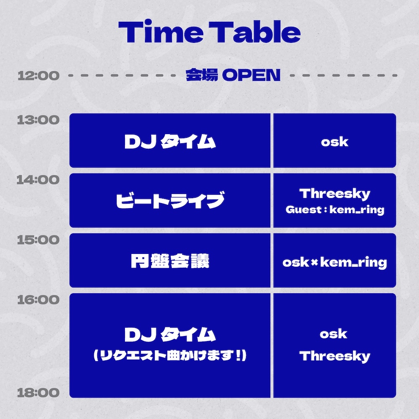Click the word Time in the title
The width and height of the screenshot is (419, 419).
(x=160, y=32)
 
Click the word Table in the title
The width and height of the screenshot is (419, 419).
(x=255, y=32)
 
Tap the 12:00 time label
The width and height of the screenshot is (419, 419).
(x=39, y=75)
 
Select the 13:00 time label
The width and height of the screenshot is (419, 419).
(x=39, y=120)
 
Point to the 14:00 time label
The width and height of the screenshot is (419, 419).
(x=38, y=180)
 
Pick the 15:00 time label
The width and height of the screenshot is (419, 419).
(x=39, y=240)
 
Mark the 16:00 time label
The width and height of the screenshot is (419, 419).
(x=39, y=300)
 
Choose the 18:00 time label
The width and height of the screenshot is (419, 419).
(x=39, y=393)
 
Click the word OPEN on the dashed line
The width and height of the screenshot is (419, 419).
(x=251, y=75)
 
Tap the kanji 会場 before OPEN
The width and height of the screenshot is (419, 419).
(x=202, y=75)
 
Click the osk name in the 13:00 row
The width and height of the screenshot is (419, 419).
(x=334, y=142)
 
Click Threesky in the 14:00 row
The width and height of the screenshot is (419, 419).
(x=335, y=194)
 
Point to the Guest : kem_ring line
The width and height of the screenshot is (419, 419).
(x=335, y=210)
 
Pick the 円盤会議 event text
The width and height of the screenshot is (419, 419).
(x=170, y=261)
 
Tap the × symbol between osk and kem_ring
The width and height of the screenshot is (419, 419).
(x=315, y=263)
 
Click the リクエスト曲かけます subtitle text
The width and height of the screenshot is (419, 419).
(x=170, y=355)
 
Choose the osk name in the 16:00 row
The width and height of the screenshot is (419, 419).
(x=334, y=334)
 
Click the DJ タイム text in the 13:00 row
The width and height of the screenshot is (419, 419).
(x=170, y=141)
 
